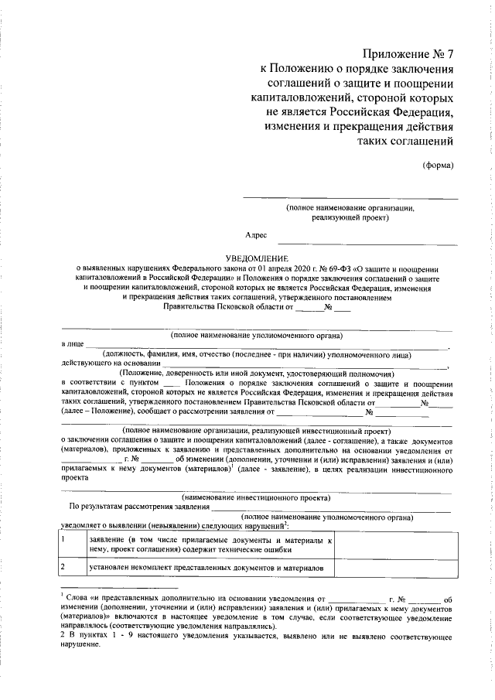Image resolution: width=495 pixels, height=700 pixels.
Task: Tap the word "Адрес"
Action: pos(256,234)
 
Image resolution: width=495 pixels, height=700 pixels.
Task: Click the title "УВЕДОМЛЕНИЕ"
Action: pos(256,257)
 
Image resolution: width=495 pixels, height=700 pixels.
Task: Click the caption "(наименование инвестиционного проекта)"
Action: pos(256,497)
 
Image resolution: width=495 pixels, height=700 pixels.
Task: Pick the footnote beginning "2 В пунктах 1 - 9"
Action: pos(255,639)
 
